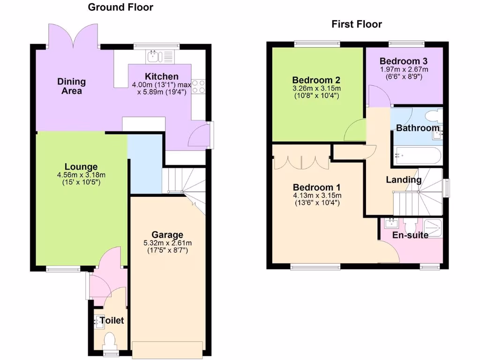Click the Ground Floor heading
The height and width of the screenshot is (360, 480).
point(120,7)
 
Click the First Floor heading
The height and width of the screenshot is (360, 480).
point(357,24)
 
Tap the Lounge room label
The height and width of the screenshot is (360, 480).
point(81,166)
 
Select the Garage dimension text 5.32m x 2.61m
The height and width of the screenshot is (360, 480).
point(167,243)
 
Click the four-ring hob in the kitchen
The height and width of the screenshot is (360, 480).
point(198,86)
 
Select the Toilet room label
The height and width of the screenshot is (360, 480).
point(112,321)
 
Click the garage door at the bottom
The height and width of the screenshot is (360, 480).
point(167,349)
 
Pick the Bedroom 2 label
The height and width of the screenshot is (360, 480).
point(316,80)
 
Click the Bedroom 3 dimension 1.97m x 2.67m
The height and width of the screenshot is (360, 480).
point(404,69)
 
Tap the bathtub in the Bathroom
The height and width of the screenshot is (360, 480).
point(417,155)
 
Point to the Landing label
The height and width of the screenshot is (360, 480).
point(403,180)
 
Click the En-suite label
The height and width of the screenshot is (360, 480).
point(411,235)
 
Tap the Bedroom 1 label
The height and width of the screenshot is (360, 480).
point(316,187)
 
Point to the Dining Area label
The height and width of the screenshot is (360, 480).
point(72,86)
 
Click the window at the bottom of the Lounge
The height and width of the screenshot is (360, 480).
point(63,269)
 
